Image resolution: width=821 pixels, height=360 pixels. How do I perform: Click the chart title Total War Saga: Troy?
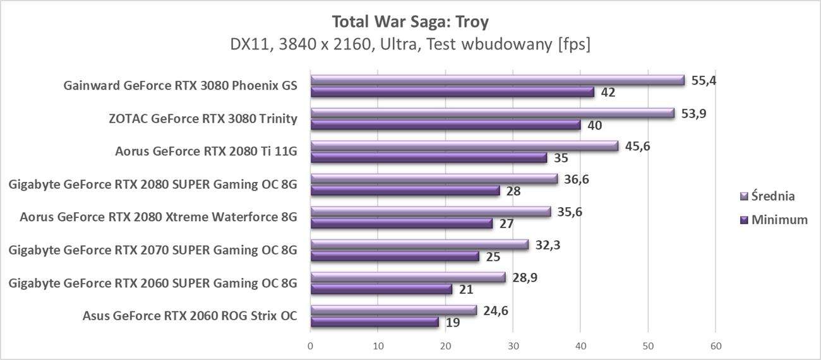point(410,22)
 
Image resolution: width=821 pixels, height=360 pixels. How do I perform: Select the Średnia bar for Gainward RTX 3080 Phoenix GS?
point(498,80)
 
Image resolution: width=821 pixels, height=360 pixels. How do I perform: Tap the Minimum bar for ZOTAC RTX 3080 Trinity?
point(445,125)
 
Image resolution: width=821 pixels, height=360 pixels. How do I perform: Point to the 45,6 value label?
point(637,147)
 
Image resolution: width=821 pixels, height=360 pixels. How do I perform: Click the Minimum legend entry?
point(779,220)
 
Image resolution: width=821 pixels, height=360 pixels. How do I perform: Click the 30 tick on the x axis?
point(513,346)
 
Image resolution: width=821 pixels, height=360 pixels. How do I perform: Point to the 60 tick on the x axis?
point(716,346)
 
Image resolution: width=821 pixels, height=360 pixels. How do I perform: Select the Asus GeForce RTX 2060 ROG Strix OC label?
point(189,315)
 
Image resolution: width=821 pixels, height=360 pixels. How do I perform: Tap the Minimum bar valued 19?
point(375,322)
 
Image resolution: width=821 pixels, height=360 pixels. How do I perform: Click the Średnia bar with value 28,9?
point(408,277)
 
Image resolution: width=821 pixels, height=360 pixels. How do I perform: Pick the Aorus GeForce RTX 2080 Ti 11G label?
point(206,151)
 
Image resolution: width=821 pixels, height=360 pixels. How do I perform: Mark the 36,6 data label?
point(577,179)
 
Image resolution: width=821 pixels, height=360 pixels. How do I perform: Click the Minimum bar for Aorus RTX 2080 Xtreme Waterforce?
point(402,224)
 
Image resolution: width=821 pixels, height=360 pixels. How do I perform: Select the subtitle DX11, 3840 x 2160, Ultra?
point(410,45)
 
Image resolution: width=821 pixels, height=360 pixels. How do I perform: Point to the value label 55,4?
point(704,81)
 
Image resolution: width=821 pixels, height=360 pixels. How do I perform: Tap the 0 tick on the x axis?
point(310,346)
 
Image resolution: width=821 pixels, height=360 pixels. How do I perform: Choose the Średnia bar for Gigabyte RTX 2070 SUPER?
point(419,244)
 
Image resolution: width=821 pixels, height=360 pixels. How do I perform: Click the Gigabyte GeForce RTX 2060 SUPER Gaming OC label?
point(153,282)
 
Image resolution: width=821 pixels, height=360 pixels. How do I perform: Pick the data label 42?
point(608,93)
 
